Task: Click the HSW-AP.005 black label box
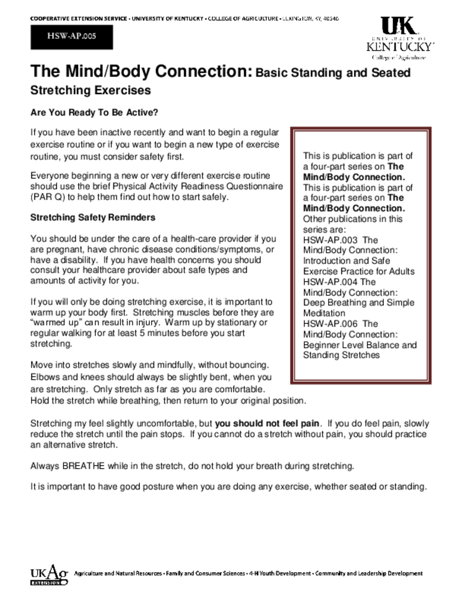[x=71, y=36]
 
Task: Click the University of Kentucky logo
[x=400, y=38]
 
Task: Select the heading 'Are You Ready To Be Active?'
[x=94, y=112]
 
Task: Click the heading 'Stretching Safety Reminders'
[x=93, y=218]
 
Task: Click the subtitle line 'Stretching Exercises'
[x=91, y=91]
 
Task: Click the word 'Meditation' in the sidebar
[x=325, y=313]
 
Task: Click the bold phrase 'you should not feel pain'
[x=267, y=423]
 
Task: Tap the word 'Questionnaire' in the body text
[x=256, y=186]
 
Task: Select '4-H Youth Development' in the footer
[x=279, y=573]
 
